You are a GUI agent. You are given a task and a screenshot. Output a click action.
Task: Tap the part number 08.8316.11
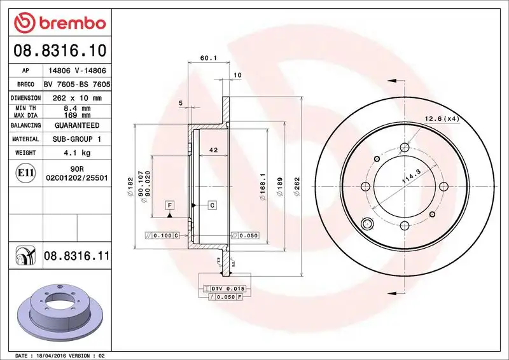click(77, 256)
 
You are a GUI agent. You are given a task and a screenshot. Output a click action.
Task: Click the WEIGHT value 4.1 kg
click(77, 153)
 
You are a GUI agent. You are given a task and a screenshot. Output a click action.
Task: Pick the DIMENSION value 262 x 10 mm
click(77, 98)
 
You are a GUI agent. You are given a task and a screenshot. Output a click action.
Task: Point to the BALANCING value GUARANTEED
click(77, 126)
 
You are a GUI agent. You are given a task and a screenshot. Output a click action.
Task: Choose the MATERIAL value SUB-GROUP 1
click(77, 139)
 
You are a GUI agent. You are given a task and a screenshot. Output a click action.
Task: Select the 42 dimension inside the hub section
click(214, 150)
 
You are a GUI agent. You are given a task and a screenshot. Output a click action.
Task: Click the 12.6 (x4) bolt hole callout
click(442, 118)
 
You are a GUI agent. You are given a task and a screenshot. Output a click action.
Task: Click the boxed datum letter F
click(170, 205)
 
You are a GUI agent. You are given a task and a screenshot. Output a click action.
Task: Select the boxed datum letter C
click(212, 205)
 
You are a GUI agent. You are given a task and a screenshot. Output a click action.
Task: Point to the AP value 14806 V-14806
click(77, 71)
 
